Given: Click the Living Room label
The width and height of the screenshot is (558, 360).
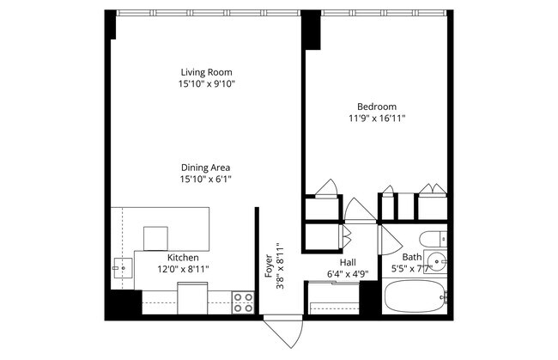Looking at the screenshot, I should click(x=206, y=72).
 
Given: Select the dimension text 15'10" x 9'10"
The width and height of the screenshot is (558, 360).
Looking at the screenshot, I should click(x=206, y=84).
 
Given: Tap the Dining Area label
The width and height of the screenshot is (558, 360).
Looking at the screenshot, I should click(x=206, y=168).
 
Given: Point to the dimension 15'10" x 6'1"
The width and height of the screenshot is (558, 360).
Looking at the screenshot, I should click(x=206, y=180).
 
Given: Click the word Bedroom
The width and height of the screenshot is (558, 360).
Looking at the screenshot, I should click(x=377, y=107).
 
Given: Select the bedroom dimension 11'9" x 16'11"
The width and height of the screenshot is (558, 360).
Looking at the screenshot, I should click(x=377, y=119).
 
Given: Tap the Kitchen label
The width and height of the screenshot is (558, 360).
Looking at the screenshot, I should click(x=183, y=258).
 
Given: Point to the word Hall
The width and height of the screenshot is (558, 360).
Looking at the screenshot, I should click(x=348, y=263).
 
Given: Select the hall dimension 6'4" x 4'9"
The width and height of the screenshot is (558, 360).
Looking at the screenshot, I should click(x=348, y=274).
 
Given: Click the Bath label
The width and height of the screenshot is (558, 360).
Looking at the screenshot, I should click(x=412, y=257).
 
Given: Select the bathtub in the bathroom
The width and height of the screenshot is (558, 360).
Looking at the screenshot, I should click(x=416, y=299).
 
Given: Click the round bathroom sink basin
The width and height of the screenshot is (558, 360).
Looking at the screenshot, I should click(x=439, y=262).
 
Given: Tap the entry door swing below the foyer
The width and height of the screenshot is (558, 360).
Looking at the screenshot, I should click(x=282, y=332).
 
